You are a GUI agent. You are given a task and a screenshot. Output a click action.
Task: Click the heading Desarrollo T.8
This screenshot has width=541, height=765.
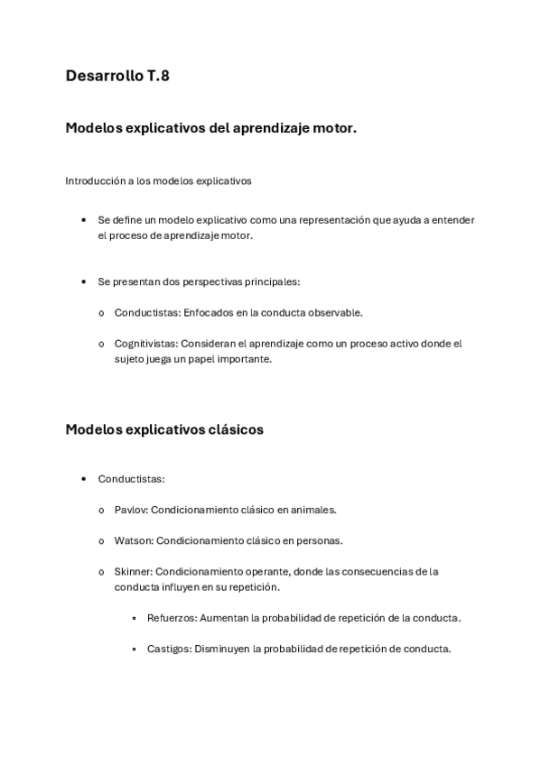click(x=117, y=77)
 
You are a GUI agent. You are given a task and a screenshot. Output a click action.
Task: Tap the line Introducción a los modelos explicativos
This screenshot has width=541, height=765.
click(x=158, y=180)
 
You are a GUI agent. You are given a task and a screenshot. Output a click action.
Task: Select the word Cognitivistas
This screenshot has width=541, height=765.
click(x=145, y=344)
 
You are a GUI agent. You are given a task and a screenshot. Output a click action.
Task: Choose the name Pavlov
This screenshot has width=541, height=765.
click(x=130, y=510)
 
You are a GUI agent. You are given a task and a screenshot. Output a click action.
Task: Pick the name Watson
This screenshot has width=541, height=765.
click(x=133, y=540)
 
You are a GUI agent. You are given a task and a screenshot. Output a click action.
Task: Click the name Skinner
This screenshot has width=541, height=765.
click(x=133, y=571)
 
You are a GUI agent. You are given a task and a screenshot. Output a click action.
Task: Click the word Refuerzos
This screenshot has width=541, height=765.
click(x=171, y=618)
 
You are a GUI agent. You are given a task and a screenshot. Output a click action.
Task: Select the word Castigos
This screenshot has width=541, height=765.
click(x=168, y=649)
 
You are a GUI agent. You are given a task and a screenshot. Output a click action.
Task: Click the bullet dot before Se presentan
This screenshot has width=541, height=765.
click(x=84, y=281)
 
